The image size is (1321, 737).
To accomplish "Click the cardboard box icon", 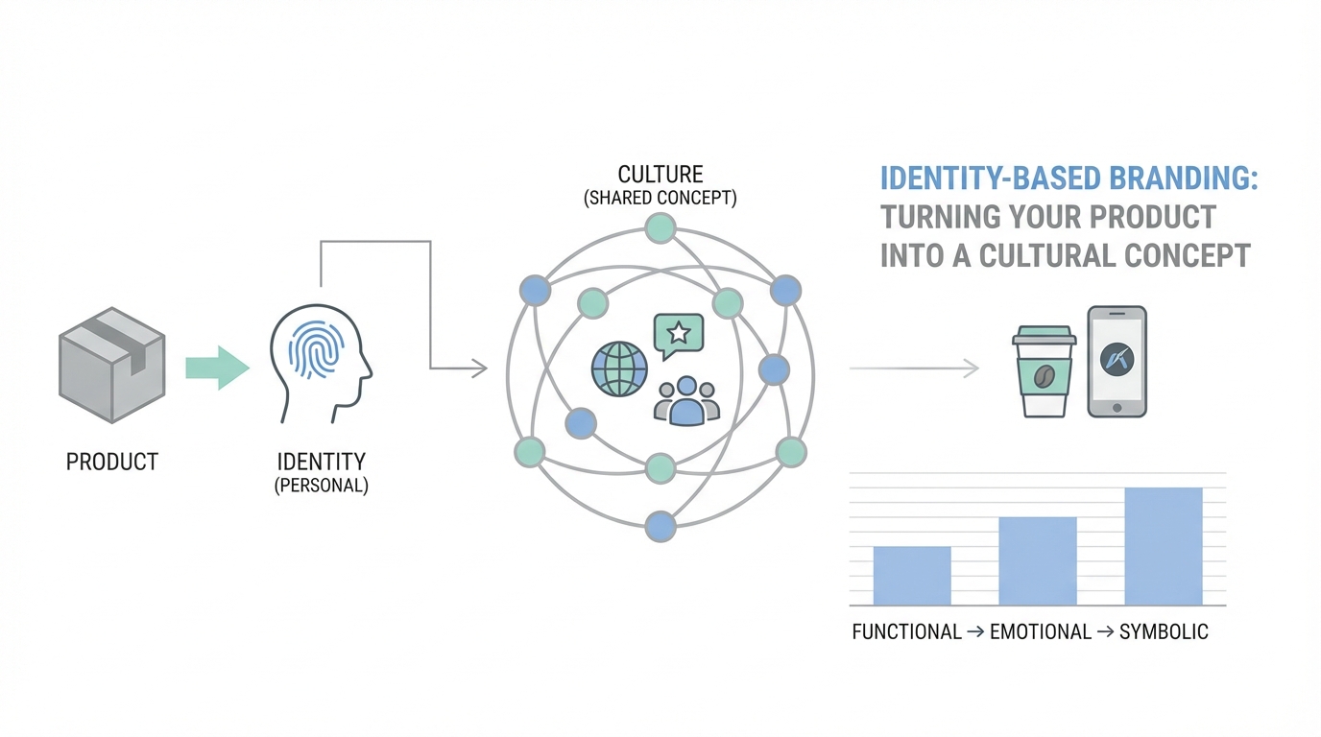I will point(112,365).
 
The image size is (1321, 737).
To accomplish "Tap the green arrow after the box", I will point(217,368).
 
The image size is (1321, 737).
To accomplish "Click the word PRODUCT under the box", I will point(111,462).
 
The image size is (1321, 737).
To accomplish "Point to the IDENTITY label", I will point(321,462).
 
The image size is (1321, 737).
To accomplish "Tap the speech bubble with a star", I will point(678,335).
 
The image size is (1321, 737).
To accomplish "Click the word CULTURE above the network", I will point(660,175).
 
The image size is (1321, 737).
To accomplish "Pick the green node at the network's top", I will point(660,228).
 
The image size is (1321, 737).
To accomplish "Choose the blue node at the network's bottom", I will point(660,525).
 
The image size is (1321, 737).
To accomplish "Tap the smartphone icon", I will point(1117,362).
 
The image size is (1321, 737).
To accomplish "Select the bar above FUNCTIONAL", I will point(912,576).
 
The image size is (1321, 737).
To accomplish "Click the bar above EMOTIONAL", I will point(1038,560).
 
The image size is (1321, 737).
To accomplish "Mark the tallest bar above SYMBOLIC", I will point(1163,546).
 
